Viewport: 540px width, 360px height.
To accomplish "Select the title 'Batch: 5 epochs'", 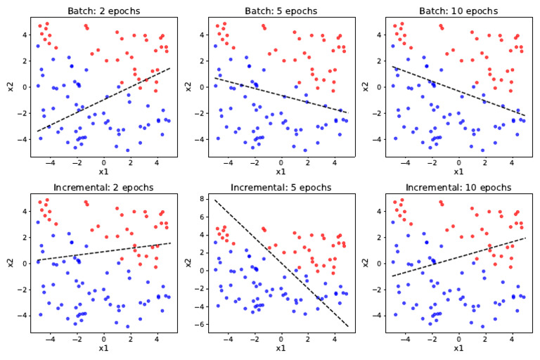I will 281,11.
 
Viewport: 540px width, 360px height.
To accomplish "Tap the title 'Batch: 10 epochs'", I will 458,11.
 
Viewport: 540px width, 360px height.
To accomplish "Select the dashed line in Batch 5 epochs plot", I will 281,95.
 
